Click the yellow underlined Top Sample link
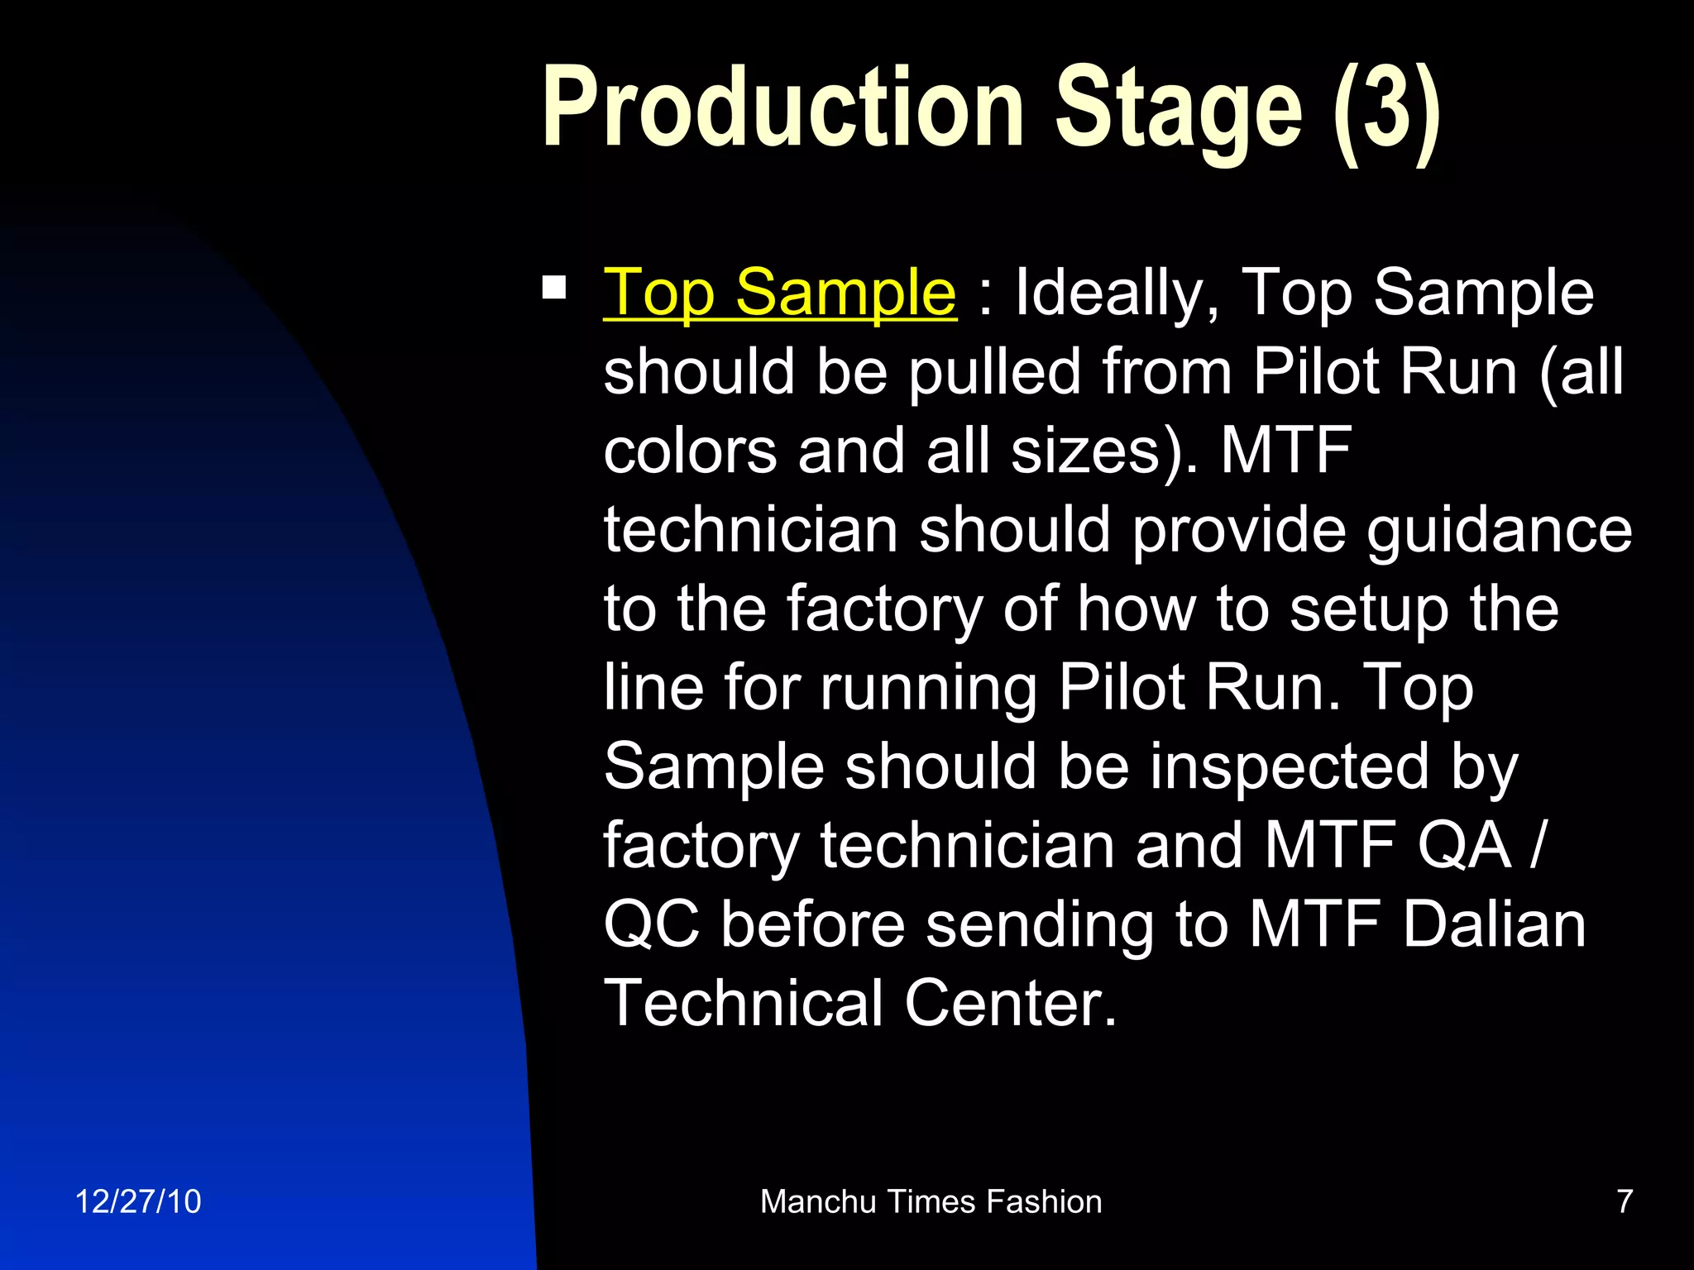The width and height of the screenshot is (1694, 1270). coord(779,293)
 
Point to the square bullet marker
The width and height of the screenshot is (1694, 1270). coord(553,288)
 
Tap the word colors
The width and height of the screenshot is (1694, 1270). coord(690,451)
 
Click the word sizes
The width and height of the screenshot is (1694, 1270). coord(1096,451)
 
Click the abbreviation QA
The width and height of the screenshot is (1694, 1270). coord(1464,846)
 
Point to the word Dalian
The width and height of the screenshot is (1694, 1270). coord(1494,925)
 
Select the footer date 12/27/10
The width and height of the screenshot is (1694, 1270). coord(137,1201)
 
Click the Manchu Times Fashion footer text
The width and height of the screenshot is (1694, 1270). coord(931,1201)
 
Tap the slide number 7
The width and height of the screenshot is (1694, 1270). coord(1624,1201)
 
